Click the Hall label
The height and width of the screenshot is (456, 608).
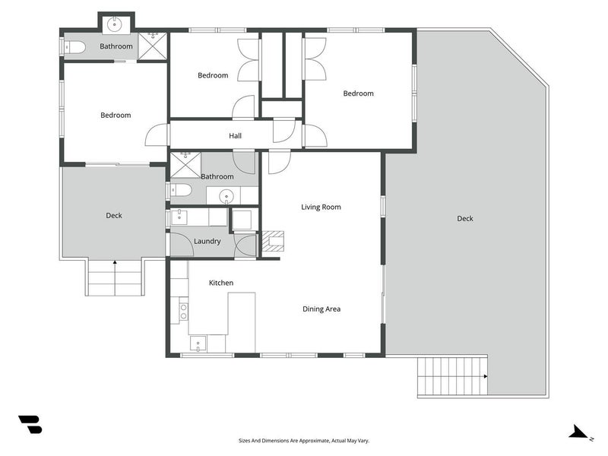pos(235,136)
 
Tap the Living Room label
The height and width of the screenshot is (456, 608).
pos(321,207)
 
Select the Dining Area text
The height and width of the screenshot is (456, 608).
pos(321,309)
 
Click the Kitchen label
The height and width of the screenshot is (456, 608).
pos(221,283)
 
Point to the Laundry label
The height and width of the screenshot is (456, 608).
pos(207,241)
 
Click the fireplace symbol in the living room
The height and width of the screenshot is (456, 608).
pos(273,241)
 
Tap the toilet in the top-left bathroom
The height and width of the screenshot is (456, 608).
pos(75,48)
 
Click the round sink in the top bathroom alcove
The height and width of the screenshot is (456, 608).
pos(115,24)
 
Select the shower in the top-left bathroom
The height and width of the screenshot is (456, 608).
pos(153,46)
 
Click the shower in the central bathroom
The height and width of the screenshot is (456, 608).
pos(185,166)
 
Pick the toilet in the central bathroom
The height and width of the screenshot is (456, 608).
pos(181,190)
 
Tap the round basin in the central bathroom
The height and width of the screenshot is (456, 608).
pos(226,197)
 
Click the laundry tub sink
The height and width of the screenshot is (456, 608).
pos(179,217)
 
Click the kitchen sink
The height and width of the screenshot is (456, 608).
pos(198,344)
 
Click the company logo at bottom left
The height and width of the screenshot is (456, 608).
pos(30,424)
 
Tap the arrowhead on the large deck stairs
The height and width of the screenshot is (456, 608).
pos(486,376)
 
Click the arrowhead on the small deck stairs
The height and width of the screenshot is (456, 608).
pos(115,262)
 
